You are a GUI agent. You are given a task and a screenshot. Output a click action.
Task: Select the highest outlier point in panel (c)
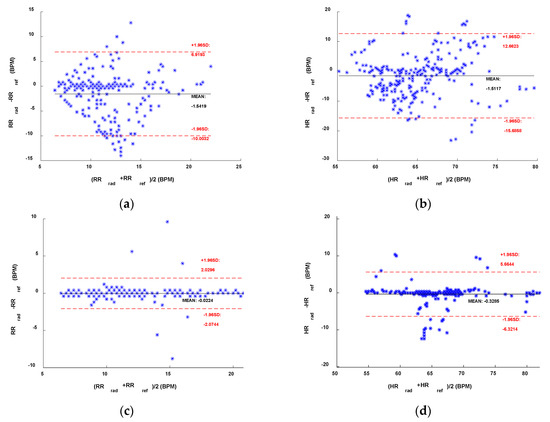[167, 222]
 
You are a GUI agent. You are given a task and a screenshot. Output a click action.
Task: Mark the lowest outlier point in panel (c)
[172, 358]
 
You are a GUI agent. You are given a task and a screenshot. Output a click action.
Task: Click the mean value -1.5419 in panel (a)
[201, 104]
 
